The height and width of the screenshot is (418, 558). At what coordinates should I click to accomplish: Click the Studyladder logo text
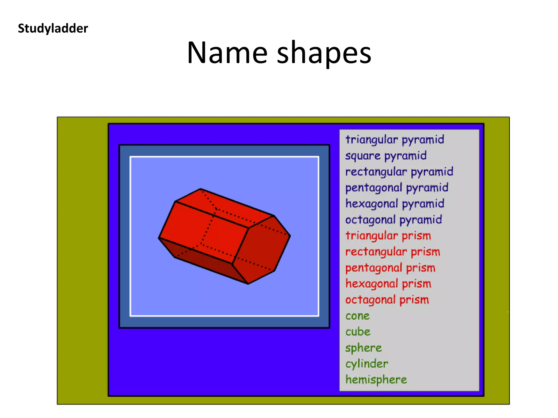(x=53, y=28)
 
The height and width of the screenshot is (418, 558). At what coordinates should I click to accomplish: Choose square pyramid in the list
(x=386, y=156)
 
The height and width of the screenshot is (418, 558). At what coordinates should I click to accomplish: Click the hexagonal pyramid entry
(x=395, y=204)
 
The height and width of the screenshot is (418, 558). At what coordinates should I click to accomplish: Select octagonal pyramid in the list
(x=393, y=220)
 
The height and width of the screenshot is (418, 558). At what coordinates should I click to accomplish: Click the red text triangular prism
(x=388, y=236)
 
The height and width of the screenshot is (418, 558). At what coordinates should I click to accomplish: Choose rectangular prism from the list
(x=393, y=252)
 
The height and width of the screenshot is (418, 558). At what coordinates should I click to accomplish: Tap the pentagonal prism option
(x=390, y=268)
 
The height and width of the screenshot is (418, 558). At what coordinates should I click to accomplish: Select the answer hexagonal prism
(x=388, y=284)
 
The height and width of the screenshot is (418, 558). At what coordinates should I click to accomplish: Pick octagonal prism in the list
(x=387, y=300)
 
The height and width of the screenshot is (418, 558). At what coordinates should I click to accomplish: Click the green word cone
(x=357, y=316)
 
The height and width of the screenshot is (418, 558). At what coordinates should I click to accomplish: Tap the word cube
(x=358, y=332)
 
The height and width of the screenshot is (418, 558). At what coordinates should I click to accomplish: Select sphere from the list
(x=363, y=348)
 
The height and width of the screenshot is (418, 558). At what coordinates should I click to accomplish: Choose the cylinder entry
(x=367, y=364)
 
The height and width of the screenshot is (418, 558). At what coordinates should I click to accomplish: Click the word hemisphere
(x=376, y=380)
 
